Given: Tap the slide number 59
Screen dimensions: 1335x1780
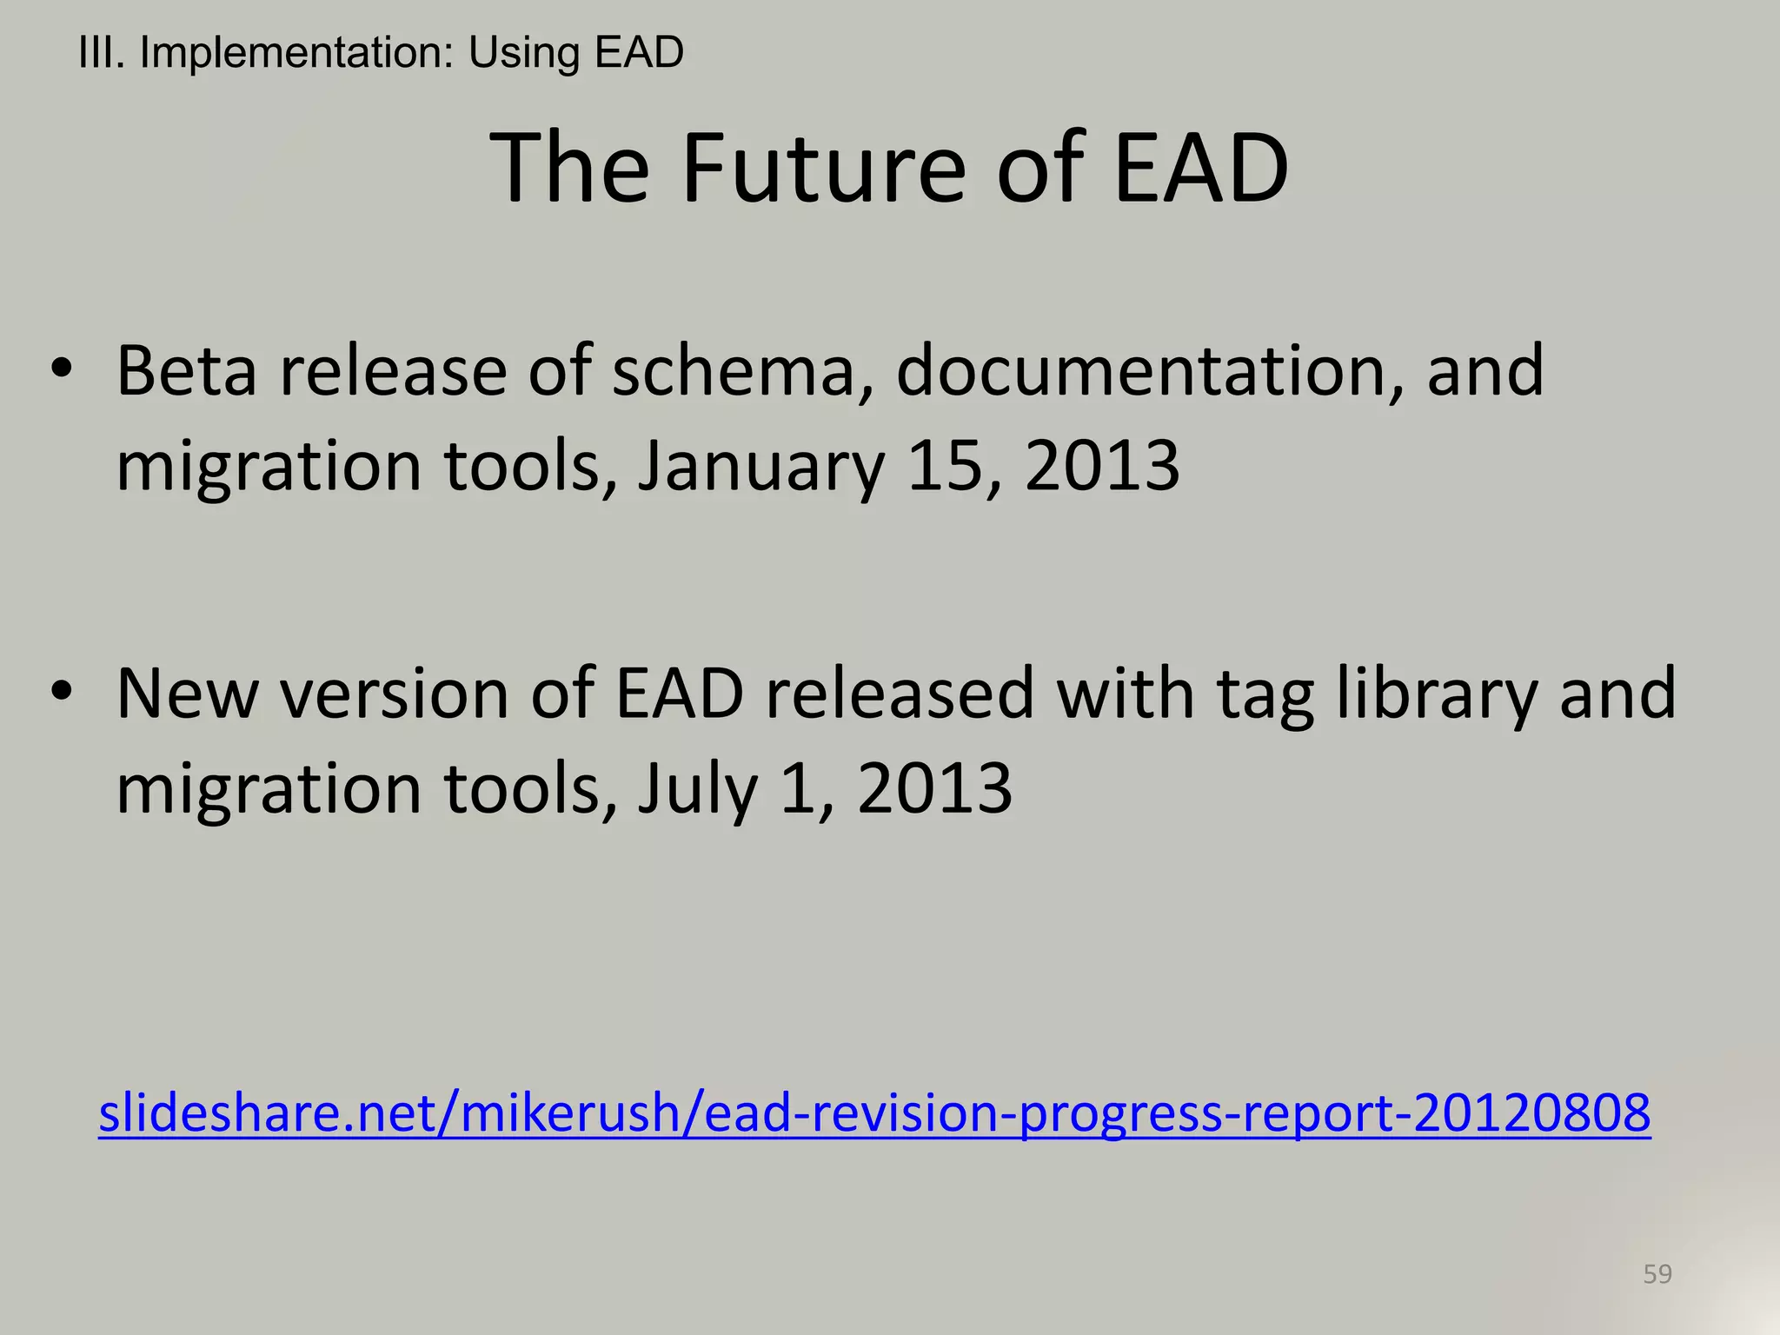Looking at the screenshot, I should coord(1657,1274).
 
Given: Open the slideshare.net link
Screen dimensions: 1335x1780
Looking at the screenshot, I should coord(874,1113).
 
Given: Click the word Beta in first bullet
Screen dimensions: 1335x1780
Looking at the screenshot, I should coord(186,371).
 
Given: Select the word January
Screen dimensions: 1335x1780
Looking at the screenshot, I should coord(760,467).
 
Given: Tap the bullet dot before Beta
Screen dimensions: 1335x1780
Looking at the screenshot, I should coord(60,369).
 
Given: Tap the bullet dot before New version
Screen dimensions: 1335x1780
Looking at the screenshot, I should coord(60,692).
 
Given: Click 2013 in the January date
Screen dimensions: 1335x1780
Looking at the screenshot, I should coord(1101,465).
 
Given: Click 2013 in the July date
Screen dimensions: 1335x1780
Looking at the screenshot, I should coord(934,787).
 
